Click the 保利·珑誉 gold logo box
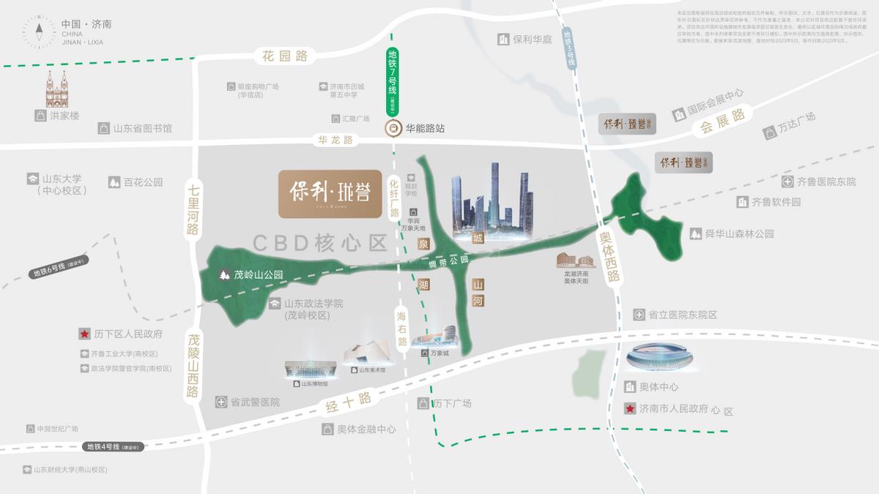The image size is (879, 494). coord(330,194)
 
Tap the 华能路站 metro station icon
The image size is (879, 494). coord(393,128)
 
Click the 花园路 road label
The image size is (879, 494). coord(286,55)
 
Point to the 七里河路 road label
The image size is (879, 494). coord(193,209)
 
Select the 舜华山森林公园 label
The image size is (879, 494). coord(732,234)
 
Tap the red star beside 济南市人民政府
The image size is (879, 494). coord(629,409)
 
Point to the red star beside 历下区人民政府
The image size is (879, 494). coord(84,334)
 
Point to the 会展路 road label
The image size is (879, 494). coord(722,120)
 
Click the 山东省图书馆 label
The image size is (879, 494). coord(142,129)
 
